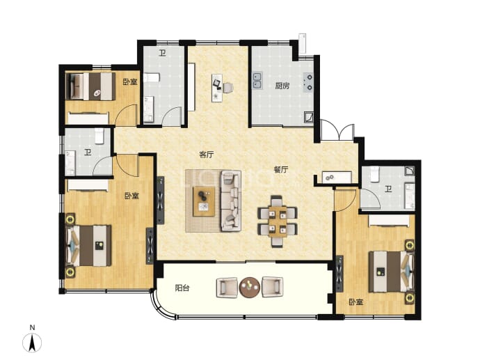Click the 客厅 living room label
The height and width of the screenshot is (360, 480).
click(x=207, y=155)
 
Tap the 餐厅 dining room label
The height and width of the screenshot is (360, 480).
click(x=281, y=169)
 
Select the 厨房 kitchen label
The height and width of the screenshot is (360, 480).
click(x=282, y=86)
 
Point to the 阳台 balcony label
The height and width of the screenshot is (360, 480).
click(x=182, y=288)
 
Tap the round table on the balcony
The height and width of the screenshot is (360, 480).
click(x=250, y=288)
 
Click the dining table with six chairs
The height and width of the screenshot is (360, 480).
click(x=278, y=221)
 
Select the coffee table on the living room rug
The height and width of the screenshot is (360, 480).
click(x=204, y=202)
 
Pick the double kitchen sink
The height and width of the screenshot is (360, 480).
click(x=257, y=81)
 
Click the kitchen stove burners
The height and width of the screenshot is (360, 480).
click(x=308, y=82)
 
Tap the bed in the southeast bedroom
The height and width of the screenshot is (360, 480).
click(x=391, y=272)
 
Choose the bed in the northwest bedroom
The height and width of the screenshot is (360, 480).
click(x=90, y=86)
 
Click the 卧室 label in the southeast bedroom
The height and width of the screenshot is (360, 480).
click(x=356, y=302)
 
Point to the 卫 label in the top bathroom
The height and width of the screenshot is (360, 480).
click(x=162, y=54)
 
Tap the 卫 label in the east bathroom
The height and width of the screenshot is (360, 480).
click(x=388, y=189)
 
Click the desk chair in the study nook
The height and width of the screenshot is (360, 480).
click(x=228, y=88)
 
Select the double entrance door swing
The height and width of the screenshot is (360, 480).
click(x=337, y=130)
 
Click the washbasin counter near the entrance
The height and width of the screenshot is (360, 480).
click(x=337, y=178)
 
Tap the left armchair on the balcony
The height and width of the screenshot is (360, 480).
click(x=227, y=288)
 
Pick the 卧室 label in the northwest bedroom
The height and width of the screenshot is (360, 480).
click(x=130, y=82)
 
